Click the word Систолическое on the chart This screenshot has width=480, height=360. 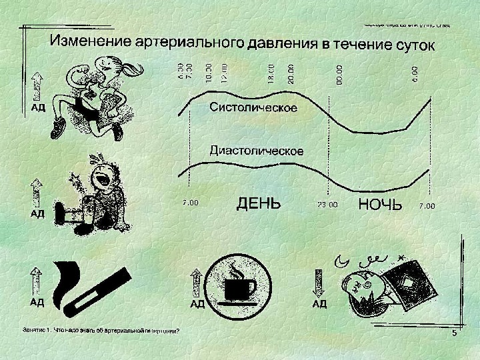(x=253, y=107)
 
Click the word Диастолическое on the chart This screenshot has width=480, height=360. (x=257, y=151)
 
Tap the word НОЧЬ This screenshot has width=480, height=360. (x=380, y=204)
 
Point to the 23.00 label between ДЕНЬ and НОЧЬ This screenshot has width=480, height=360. (x=327, y=206)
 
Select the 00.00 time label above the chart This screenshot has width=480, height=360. (x=339, y=73)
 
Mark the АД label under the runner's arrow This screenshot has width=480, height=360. (x=37, y=107)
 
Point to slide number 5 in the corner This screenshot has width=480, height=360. (x=454, y=333)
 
